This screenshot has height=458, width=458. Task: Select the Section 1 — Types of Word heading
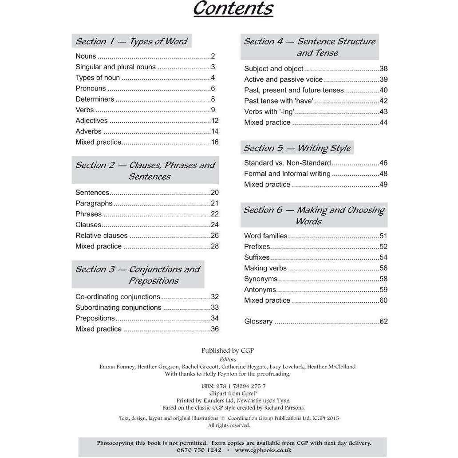[x=132, y=41]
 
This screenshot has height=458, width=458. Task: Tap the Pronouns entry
[x=91, y=88]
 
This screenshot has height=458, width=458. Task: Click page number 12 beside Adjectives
[x=215, y=121]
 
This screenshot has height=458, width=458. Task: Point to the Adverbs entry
[x=88, y=131]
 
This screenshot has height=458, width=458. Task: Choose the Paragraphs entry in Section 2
[x=94, y=203]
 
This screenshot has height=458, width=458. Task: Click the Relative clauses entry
[x=101, y=236]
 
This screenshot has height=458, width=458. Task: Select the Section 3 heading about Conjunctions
[x=138, y=275]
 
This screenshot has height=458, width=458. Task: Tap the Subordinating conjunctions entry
[x=118, y=308]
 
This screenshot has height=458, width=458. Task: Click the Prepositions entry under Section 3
[x=95, y=318]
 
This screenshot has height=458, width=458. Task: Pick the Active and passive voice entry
[x=284, y=79]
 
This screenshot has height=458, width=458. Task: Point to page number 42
[x=383, y=101]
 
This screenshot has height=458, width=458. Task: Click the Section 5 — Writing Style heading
[x=297, y=148]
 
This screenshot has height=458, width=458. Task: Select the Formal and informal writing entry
[x=287, y=174]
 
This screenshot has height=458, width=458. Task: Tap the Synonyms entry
[x=261, y=279]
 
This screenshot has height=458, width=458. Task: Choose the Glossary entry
[x=258, y=322]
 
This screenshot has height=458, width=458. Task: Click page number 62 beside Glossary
[x=383, y=322]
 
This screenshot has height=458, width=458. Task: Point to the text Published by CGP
[x=228, y=351]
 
